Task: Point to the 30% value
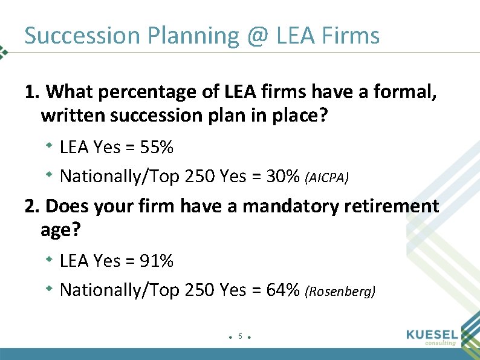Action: tap(284, 176)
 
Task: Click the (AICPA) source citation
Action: tap(327, 177)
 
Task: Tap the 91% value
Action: tap(157, 261)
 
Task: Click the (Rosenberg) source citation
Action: tap(340, 291)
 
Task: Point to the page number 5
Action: tap(240, 336)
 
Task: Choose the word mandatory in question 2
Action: tap(293, 206)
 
